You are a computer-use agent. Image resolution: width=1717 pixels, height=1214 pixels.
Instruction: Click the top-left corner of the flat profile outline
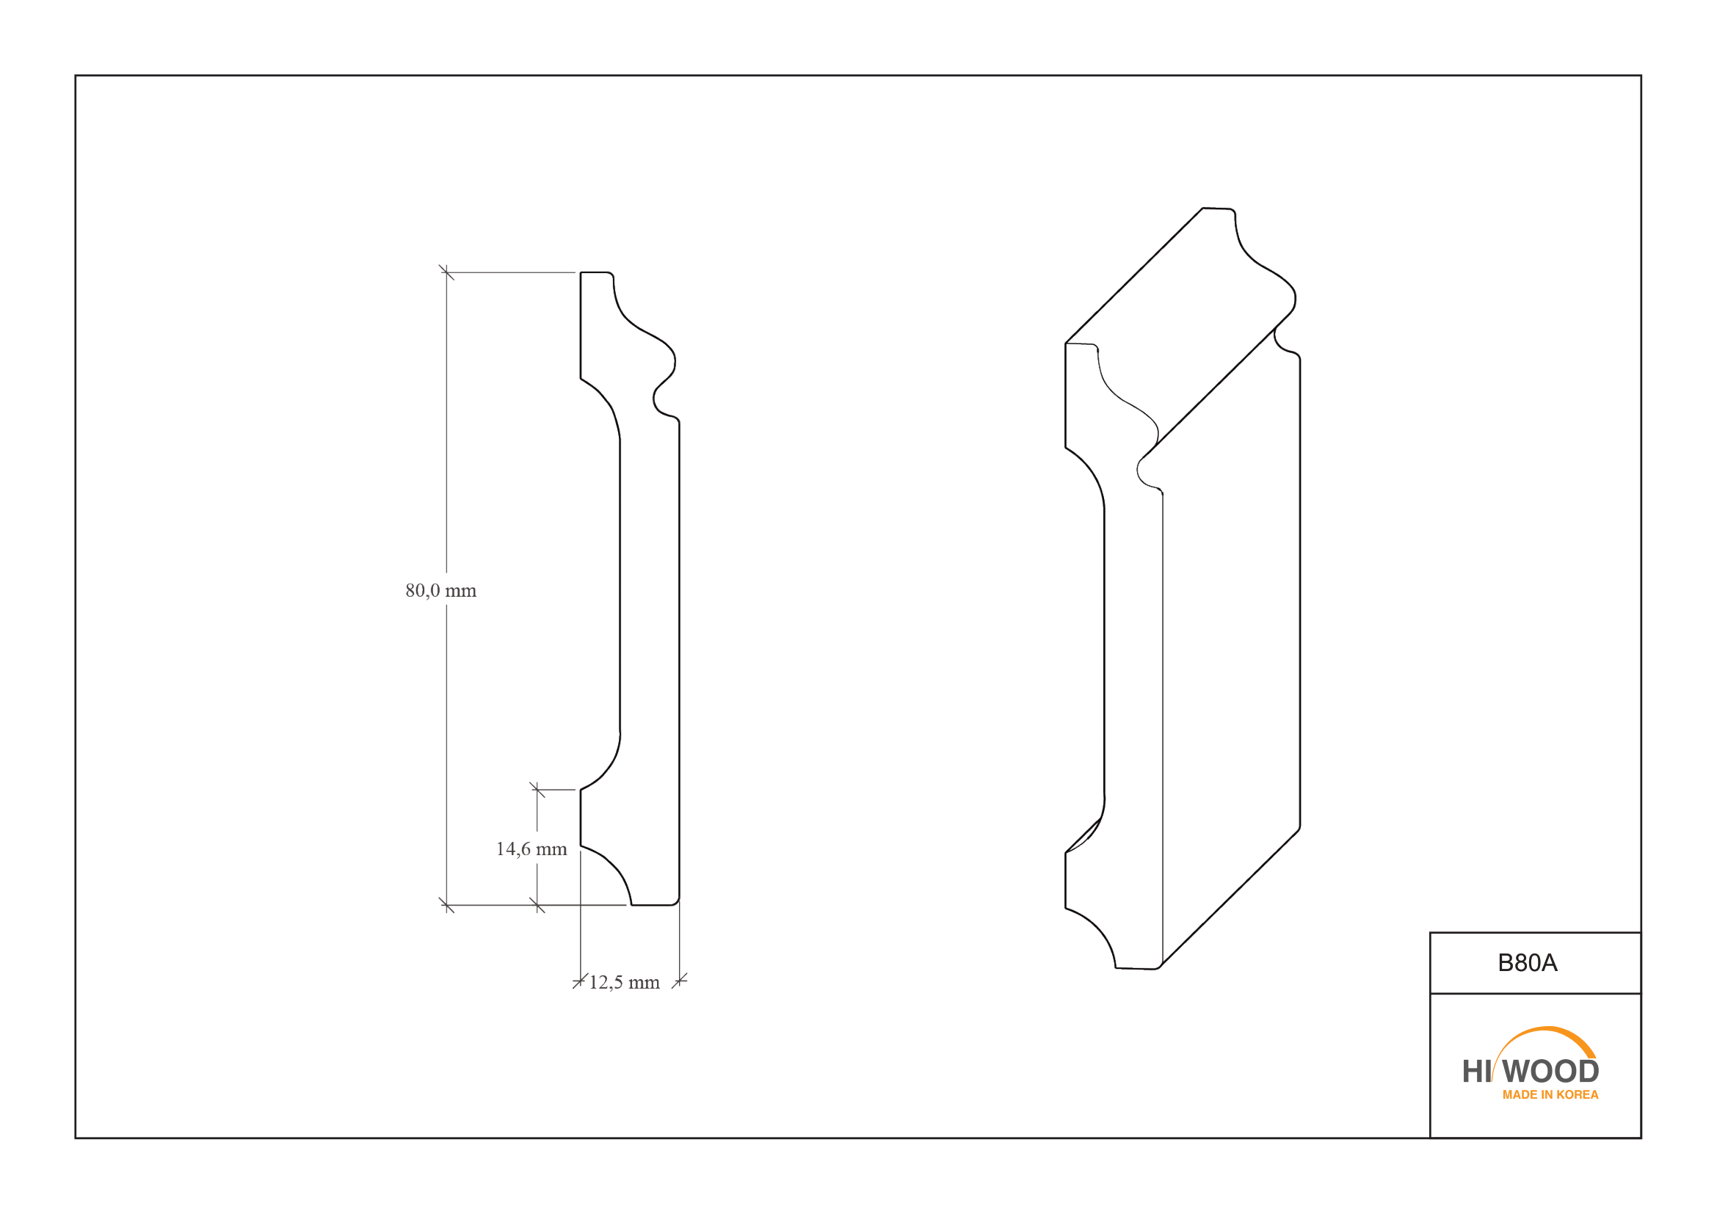tap(581, 273)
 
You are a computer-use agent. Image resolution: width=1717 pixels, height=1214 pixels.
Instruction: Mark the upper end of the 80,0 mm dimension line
tap(446, 273)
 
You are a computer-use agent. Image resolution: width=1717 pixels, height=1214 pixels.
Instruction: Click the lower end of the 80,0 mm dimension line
tap(446, 905)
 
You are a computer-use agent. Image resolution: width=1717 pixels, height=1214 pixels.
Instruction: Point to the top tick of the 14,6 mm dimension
tap(537, 790)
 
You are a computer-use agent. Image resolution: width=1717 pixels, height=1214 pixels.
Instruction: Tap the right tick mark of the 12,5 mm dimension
tap(679, 981)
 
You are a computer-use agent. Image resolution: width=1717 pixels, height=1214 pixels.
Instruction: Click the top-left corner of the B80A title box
tap(1430, 932)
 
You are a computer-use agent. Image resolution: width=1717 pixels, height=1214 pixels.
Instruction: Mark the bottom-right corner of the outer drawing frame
tap(1641, 1138)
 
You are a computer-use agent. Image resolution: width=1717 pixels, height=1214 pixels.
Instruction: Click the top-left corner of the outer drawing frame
tap(76, 76)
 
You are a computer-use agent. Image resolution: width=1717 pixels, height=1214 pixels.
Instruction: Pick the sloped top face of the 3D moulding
tap(1180, 329)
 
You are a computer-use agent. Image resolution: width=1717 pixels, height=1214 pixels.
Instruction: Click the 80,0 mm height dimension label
tap(440, 591)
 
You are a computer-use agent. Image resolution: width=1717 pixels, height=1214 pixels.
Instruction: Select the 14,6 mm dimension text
tap(531, 849)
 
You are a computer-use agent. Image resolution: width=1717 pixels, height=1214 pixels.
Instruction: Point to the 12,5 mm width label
tap(625, 982)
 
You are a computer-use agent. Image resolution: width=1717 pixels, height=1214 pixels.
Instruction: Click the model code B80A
tap(1528, 963)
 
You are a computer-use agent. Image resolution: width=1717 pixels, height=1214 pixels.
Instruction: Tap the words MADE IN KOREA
tap(1550, 1094)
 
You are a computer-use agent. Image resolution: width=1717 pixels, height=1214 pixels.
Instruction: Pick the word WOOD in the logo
tap(1551, 1071)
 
